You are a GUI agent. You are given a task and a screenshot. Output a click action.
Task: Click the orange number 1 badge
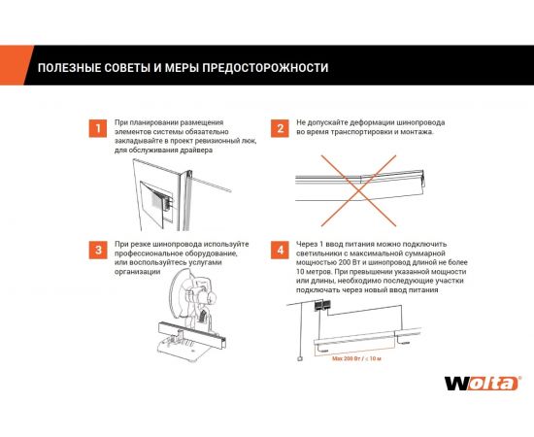point(96,127)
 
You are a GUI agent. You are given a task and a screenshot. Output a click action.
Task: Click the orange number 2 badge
point(280,127)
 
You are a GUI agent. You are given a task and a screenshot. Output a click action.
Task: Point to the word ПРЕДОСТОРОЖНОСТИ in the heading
point(261,68)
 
